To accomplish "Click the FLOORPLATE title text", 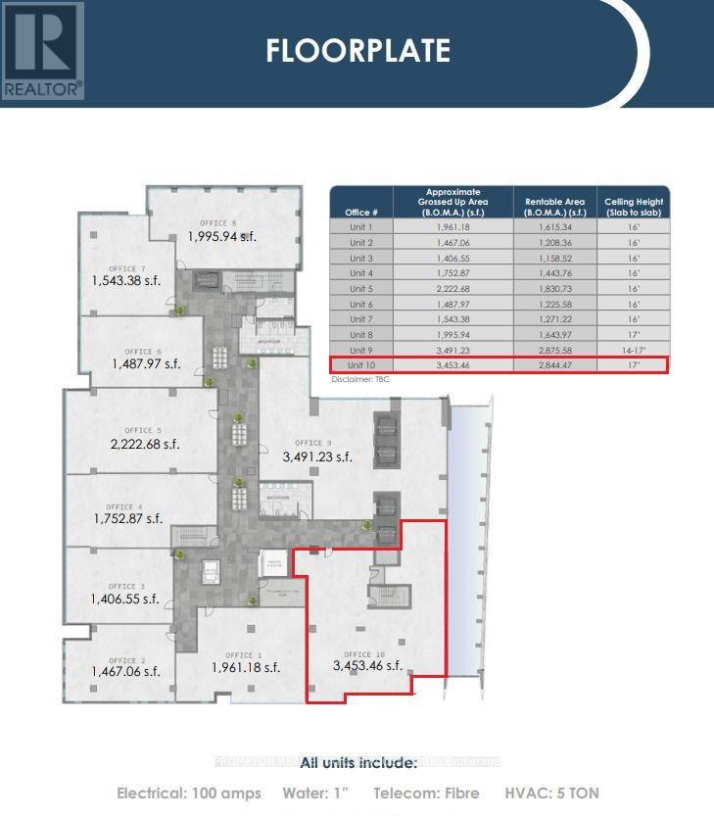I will pyautogui.click(x=357, y=50).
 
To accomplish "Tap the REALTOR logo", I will pyautogui.click(x=43, y=51).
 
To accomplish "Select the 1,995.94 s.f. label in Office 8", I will pyautogui.click(x=222, y=236).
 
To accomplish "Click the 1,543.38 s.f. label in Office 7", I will pyautogui.click(x=125, y=281).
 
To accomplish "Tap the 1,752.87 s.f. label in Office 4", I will pyautogui.click(x=128, y=519).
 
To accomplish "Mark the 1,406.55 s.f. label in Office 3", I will pyautogui.click(x=124, y=599).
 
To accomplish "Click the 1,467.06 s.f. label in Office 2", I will pyautogui.click(x=125, y=672).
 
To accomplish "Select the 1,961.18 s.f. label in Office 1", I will pyautogui.click(x=246, y=668).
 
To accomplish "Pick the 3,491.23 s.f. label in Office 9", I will pyautogui.click(x=317, y=456).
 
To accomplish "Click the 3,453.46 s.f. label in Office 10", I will pyautogui.click(x=367, y=666).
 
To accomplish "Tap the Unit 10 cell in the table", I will pyautogui.click(x=360, y=365).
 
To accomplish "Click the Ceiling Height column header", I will pyautogui.click(x=633, y=207).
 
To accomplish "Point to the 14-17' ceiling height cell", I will pyautogui.click(x=633, y=350).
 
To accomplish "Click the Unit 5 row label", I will pyautogui.click(x=360, y=289).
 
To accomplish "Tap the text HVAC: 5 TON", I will pyautogui.click(x=551, y=792).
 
